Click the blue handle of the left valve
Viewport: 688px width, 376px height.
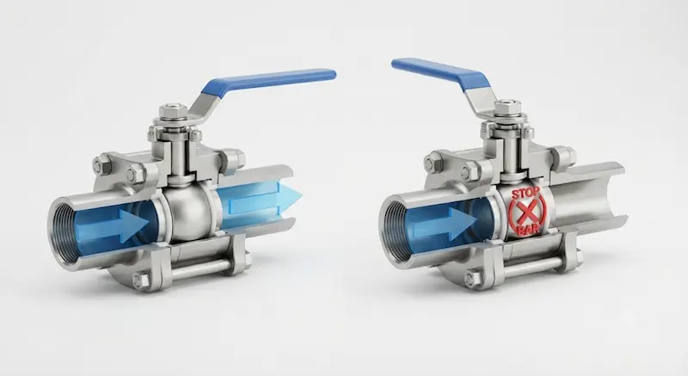coord(268,81)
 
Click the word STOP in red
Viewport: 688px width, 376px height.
coord(527,194)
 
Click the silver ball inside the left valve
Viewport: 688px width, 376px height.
coord(189,212)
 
